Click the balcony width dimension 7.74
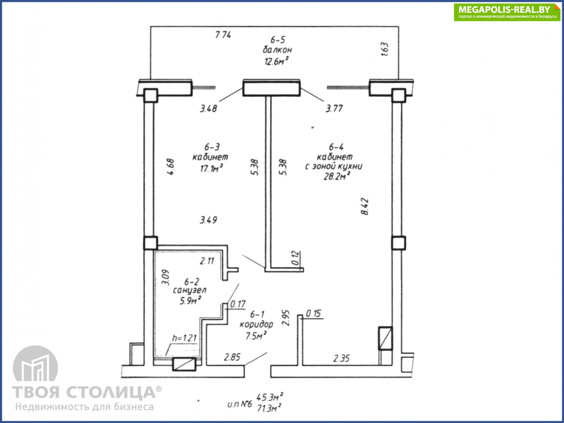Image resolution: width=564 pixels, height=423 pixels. (223, 35)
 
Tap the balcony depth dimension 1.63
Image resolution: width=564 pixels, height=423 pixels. (385, 49)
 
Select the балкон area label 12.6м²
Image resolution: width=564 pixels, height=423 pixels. (276, 61)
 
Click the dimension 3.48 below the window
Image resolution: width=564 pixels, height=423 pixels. (208, 108)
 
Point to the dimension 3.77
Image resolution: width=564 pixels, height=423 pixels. (334, 108)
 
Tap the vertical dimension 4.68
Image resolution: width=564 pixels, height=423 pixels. (170, 167)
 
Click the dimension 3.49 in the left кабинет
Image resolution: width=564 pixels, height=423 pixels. (208, 220)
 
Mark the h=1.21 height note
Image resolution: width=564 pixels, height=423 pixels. (184, 338)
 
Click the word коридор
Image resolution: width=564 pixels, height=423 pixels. (256, 324)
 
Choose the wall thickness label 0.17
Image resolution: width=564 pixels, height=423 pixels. (238, 304)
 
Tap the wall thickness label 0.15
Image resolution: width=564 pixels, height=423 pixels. (314, 313)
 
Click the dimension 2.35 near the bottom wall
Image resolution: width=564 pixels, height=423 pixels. (342, 358)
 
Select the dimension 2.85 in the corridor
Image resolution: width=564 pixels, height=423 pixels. (232, 357)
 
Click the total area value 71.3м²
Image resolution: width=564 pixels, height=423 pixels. (269, 409)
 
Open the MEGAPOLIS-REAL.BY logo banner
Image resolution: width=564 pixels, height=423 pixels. (507, 12)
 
